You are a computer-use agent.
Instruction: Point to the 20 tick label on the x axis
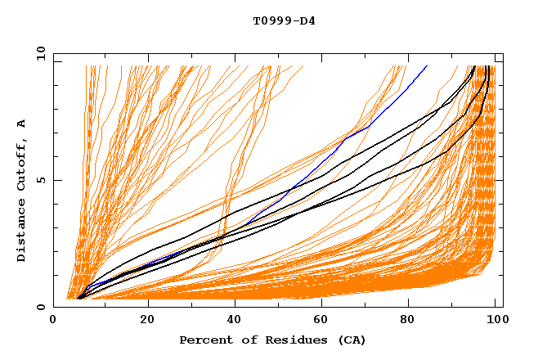coord(147,320)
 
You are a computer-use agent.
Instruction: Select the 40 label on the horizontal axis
coord(235,320)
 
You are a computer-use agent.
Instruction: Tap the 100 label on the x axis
coord(495,320)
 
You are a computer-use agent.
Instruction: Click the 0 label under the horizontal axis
coord(54,320)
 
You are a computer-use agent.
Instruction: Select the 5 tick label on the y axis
coord(41,180)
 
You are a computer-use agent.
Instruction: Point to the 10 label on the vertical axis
coord(38,53)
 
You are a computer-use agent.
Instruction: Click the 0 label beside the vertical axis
coord(41,307)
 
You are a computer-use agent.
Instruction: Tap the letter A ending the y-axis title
coord(21,123)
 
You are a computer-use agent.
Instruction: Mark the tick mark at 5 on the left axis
coord(56,180)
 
